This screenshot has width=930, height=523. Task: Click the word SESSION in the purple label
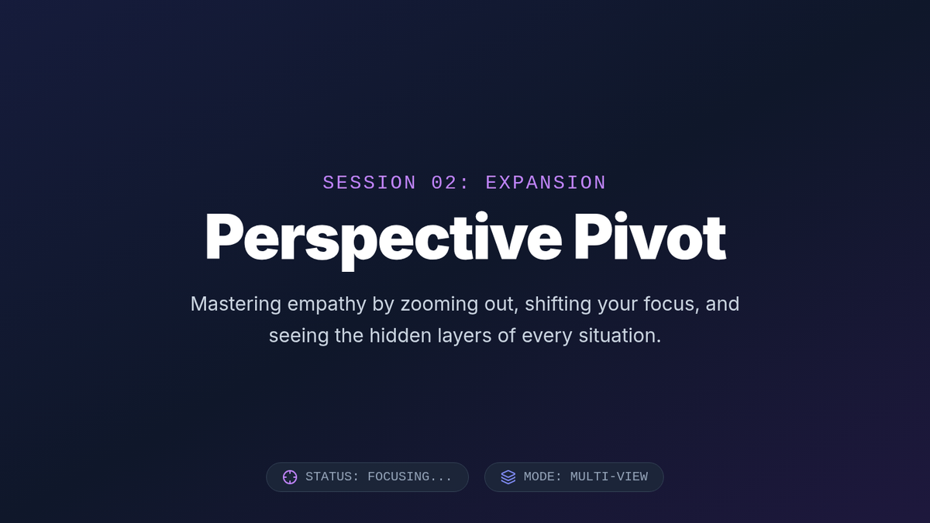[x=370, y=183]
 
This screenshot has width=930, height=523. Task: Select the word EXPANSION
[x=546, y=183]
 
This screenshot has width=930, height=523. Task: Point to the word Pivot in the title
[x=650, y=236]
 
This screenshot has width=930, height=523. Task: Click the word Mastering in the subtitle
[x=236, y=305]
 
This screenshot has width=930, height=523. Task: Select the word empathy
[x=327, y=305]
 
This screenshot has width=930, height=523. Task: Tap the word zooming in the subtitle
[x=439, y=305]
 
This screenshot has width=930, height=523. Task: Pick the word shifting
[x=558, y=305]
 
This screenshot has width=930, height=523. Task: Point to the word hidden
[x=400, y=335]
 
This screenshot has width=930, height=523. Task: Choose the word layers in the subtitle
[x=464, y=336]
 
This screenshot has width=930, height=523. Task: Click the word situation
[x=620, y=335]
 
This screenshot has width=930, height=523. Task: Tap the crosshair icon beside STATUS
[x=290, y=477]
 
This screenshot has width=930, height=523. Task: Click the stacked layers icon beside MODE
[x=508, y=477]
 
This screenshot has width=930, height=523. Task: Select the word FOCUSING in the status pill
[x=410, y=477]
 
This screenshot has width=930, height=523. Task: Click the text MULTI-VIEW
[x=609, y=477]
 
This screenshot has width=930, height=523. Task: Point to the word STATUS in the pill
[x=332, y=477]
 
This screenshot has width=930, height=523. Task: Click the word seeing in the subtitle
[x=298, y=336]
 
